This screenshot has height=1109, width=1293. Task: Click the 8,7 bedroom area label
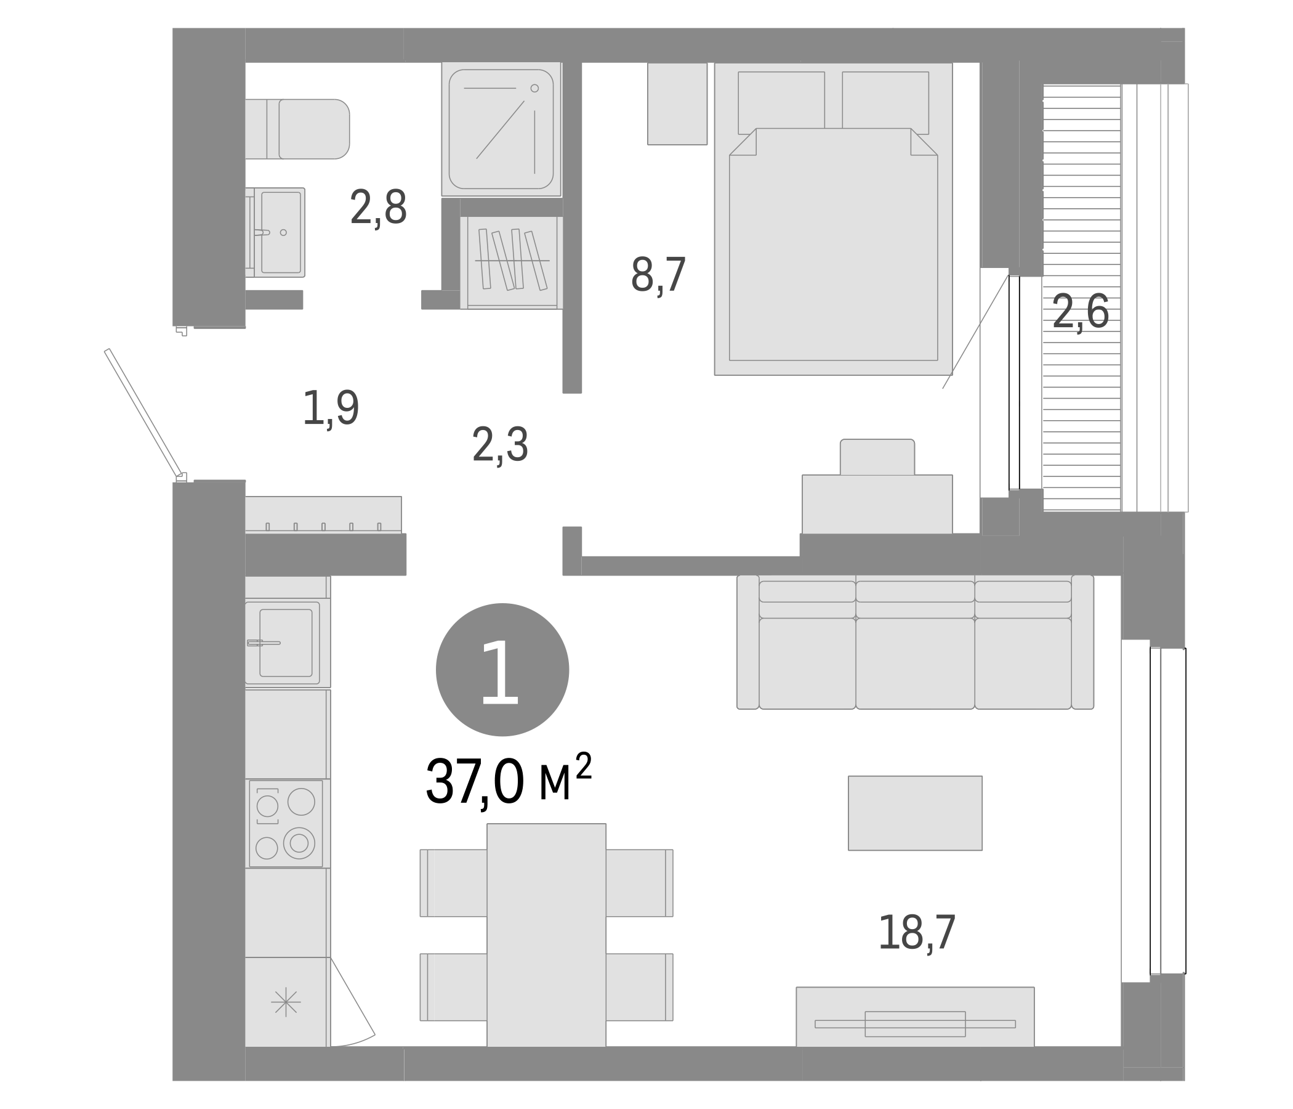click(658, 275)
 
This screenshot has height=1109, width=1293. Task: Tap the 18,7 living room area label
click(916, 933)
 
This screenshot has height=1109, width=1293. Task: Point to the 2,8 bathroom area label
click(378, 208)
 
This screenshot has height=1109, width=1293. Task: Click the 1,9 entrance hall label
click(330, 408)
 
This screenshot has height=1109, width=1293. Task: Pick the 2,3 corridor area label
click(500, 445)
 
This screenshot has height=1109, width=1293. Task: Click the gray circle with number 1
click(502, 669)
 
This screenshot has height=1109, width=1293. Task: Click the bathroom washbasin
click(280, 232)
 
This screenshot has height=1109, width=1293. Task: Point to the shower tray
click(501, 129)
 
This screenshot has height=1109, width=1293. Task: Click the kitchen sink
click(285, 643)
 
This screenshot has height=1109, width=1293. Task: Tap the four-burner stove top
click(286, 824)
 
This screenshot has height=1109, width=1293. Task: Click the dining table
click(546, 935)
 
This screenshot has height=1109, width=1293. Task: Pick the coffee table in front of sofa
click(914, 813)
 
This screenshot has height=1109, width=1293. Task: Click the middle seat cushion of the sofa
click(914, 663)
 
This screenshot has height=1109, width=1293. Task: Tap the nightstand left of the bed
click(677, 104)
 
